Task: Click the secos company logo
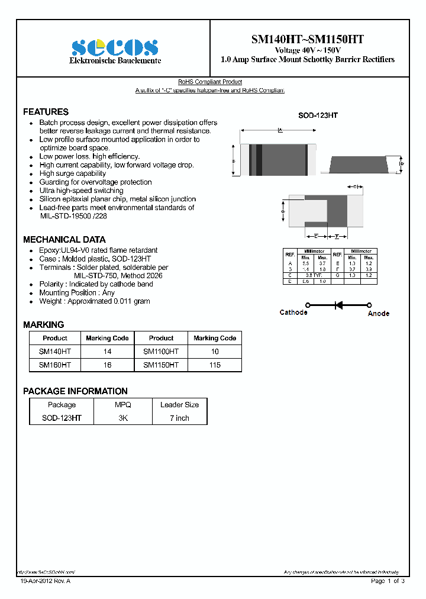(x=115, y=47)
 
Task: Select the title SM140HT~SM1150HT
(x=307, y=39)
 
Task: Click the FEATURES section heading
(x=46, y=112)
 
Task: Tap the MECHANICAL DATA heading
(x=64, y=240)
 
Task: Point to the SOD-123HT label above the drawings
(x=318, y=116)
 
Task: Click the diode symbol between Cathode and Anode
(x=339, y=305)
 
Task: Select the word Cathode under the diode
(x=293, y=313)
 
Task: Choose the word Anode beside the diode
(x=378, y=313)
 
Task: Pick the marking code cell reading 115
(x=215, y=365)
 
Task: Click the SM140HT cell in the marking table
(x=55, y=352)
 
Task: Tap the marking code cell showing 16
(x=107, y=365)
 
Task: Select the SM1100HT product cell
(x=161, y=352)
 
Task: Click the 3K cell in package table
(x=122, y=418)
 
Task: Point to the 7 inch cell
(x=179, y=418)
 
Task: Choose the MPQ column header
(x=122, y=405)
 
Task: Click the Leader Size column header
(x=179, y=405)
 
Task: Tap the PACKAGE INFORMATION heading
(x=75, y=391)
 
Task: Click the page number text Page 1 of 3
(x=387, y=581)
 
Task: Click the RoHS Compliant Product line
(x=210, y=82)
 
